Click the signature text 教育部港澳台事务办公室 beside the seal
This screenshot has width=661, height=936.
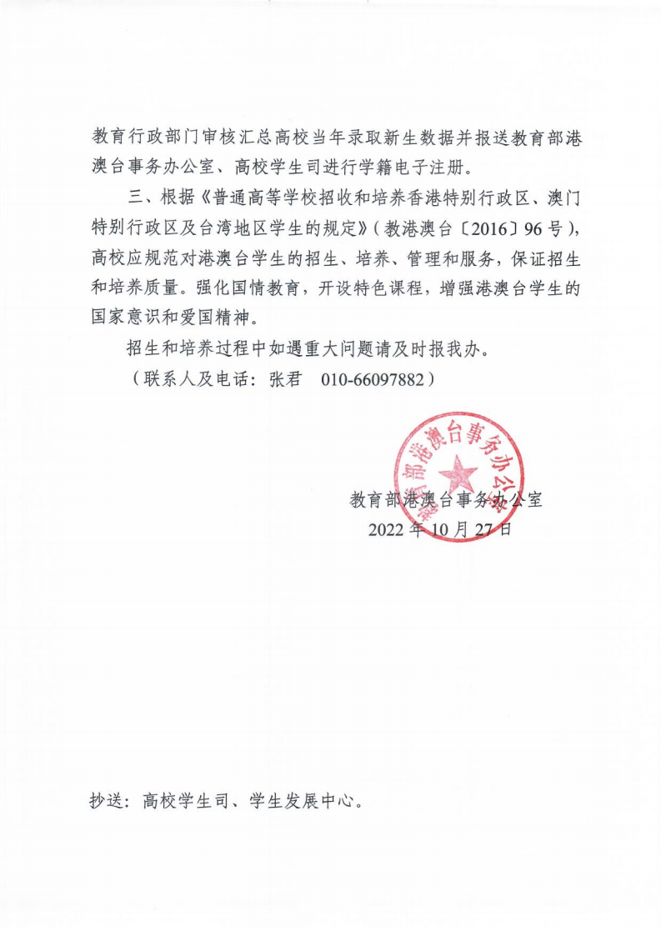[445, 500]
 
